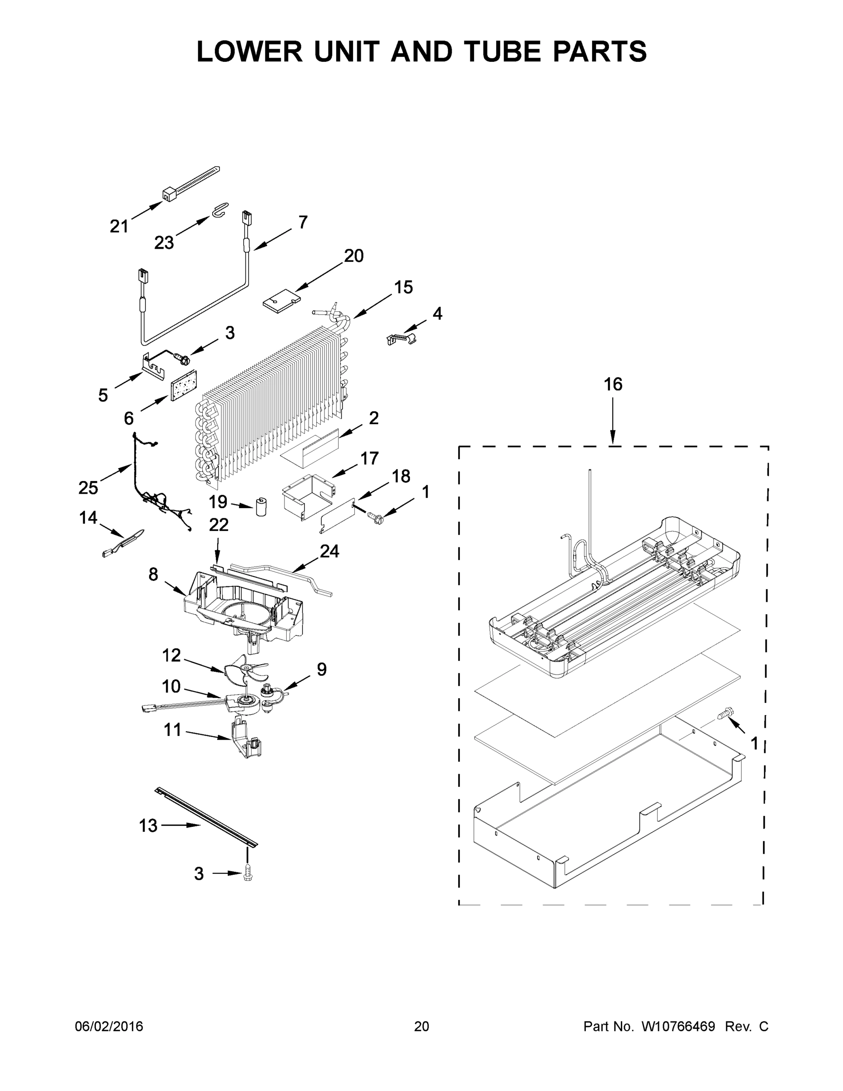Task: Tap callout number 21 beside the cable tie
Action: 119,226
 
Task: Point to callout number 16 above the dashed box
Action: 613,384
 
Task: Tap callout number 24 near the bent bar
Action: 329,551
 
